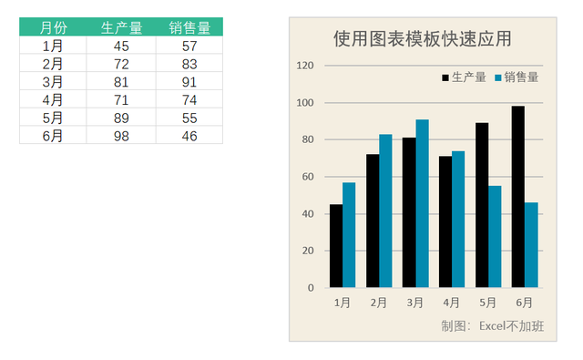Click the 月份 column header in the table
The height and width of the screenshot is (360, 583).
point(53,27)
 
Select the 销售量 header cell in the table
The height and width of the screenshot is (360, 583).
point(189,27)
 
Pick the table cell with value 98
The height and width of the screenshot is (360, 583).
point(121,136)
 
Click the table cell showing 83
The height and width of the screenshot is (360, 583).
point(189,64)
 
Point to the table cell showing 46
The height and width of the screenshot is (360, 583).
point(189,136)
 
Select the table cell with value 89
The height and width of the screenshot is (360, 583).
point(121,118)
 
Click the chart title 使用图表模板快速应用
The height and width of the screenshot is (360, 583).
point(422,38)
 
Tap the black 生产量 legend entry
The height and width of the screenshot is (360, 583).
point(464,77)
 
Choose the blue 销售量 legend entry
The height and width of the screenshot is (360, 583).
point(516,77)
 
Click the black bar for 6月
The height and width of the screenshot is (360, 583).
point(517,197)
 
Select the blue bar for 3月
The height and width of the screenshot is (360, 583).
point(422,203)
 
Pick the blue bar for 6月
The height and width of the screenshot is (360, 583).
point(531,245)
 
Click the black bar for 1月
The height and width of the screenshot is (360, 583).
point(336,246)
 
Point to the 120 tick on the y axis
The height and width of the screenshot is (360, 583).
point(306,66)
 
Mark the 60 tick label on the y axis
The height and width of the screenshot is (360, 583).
point(308,177)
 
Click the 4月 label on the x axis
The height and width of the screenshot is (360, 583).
point(452,303)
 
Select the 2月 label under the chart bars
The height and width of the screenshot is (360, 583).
point(379,303)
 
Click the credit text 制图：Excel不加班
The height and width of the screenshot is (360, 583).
point(492,325)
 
